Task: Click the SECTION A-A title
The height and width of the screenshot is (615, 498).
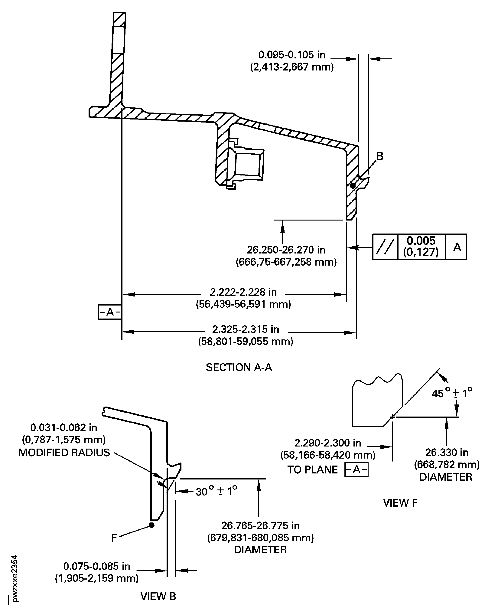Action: tap(239, 367)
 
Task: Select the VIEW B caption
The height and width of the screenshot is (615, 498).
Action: tap(158, 596)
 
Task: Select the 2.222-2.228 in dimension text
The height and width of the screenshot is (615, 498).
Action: tap(243, 292)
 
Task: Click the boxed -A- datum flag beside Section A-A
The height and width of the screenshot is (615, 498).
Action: tap(110, 312)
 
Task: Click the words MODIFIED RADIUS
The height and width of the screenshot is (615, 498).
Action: tap(64, 453)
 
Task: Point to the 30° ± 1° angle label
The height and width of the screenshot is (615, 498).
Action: tap(216, 491)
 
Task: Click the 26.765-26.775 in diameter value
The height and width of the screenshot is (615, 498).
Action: tap(260, 526)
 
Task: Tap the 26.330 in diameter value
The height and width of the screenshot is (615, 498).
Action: tap(447, 453)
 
